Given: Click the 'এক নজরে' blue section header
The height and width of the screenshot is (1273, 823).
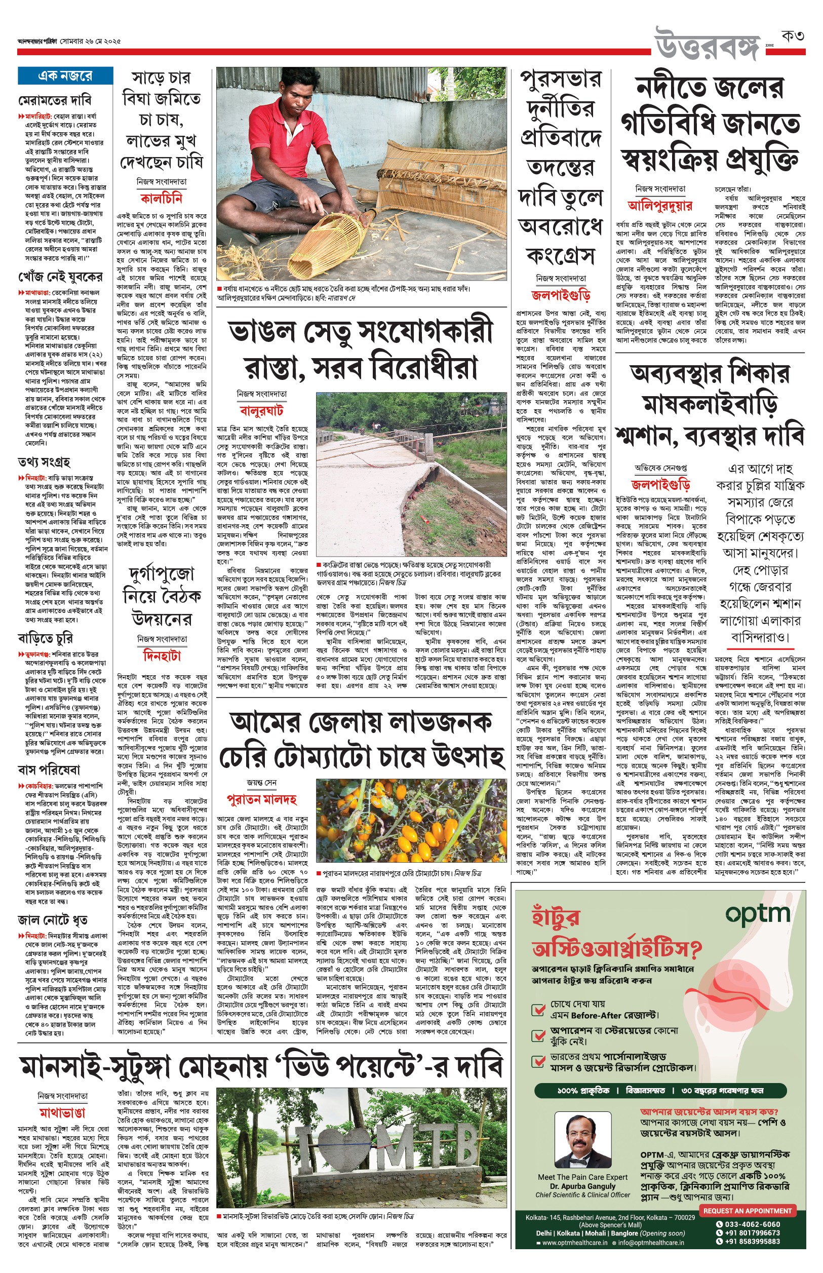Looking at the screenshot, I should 65,76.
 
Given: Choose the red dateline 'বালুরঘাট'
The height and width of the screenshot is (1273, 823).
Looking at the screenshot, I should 261,411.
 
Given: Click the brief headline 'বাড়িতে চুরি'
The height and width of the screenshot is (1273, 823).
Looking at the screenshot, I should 46,638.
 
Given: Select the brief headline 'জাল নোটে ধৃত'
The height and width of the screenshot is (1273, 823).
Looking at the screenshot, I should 52,920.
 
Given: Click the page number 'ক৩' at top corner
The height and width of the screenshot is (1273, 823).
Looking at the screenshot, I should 792,36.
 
